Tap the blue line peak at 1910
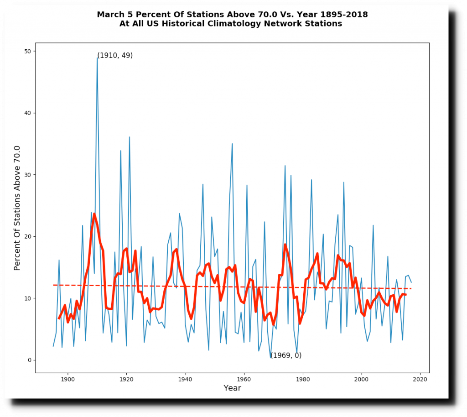click(97, 57)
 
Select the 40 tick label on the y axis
click(28, 113)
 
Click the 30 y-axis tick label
click(28, 175)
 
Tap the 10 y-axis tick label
click(28, 298)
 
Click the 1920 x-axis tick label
click(126, 378)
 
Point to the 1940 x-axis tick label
click(185, 378)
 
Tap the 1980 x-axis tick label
click(303, 378)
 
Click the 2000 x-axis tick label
click(362, 378)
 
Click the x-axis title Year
click(232, 388)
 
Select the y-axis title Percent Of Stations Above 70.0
click(17, 208)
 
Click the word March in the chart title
click(112, 15)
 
